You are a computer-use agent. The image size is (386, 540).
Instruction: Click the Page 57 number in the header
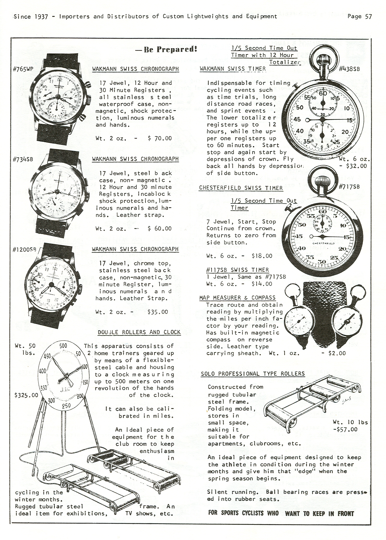pyautogui.click(x=359, y=17)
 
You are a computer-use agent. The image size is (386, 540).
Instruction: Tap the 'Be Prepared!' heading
pyautogui.click(x=166, y=49)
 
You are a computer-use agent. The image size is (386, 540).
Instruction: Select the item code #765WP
pyautogui.click(x=23, y=69)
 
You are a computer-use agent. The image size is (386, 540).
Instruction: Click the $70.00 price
pyautogui.click(x=160, y=138)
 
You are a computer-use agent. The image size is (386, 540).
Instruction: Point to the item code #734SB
pyautogui.click(x=23, y=159)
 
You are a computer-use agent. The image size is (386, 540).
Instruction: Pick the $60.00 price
pyautogui.click(x=160, y=229)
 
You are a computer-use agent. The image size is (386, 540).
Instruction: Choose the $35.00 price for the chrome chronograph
pyautogui.click(x=158, y=312)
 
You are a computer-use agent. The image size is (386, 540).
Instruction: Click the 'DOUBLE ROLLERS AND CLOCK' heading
pyautogui.click(x=139, y=332)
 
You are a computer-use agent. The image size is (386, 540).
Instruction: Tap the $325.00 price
pyautogui.click(x=26, y=395)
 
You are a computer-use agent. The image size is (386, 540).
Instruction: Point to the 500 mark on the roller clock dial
pyautogui.click(x=63, y=346)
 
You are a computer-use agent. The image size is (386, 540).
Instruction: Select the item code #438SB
pyautogui.click(x=349, y=69)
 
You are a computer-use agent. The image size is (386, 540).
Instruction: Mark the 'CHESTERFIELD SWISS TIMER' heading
pyautogui.click(x=241, y=188)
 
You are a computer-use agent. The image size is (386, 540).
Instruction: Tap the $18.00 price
pyautogui.click(x=262, y=256)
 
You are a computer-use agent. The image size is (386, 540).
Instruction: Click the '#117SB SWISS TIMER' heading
pyautogui.click(x=237, y=270)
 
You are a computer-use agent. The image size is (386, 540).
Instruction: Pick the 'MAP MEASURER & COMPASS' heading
pyautogui.click(x=237, y=298)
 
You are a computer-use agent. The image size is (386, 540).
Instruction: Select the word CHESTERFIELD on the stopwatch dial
pyautogui.click(x=323, y=243)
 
